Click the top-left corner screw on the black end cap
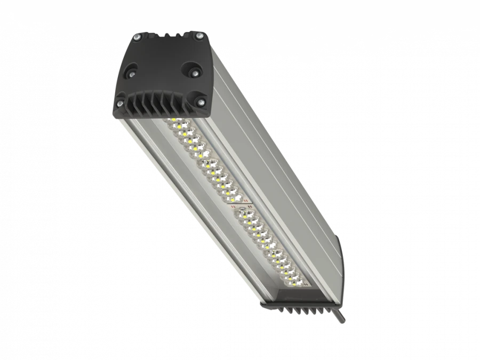pos(138,37)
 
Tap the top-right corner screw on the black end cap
pos(201,35)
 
